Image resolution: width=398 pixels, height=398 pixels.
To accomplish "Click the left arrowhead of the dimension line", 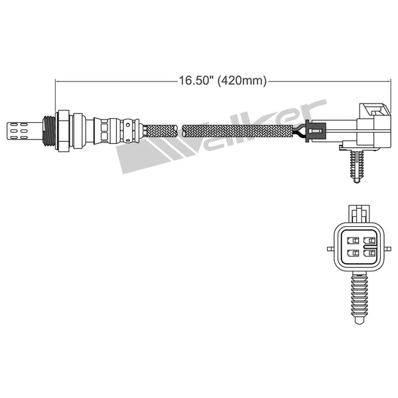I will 58,82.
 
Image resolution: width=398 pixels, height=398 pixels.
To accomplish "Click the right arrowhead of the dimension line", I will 387,82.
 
